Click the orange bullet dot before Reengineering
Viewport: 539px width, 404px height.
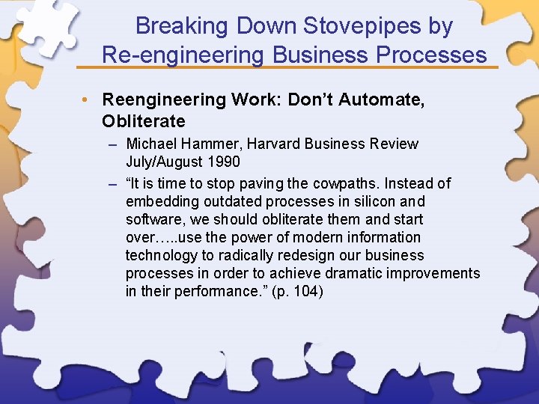pyautogui.click(x=88, y=100)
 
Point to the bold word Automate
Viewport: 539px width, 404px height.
pyautogui.click(x=389, y=100)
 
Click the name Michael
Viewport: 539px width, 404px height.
pyautogui.click(x=153, y=144)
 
